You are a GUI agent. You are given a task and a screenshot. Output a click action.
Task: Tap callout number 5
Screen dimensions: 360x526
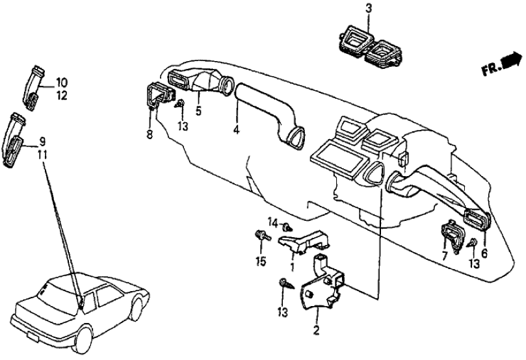pos(198,111)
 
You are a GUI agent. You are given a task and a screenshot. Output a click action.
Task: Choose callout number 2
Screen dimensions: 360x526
pos(317,329)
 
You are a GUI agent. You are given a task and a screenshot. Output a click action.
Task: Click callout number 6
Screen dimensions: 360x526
pos(484,253)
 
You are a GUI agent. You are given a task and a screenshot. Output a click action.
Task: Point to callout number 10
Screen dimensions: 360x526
pos(61,82)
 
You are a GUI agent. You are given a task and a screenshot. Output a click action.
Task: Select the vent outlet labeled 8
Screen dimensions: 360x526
pos(158,95)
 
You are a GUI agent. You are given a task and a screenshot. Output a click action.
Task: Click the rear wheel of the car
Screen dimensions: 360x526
pos(83,340)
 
